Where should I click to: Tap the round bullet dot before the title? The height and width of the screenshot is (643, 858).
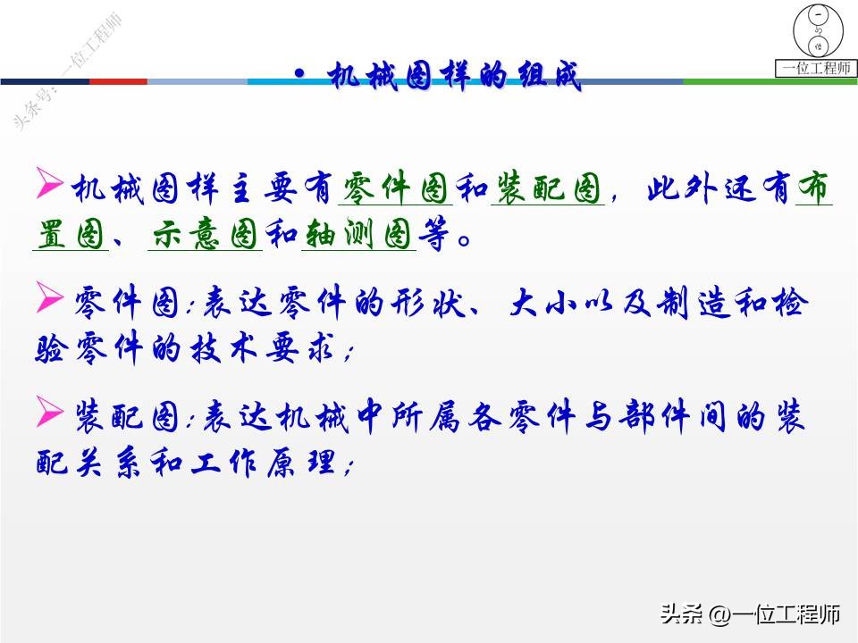tap(299, 74)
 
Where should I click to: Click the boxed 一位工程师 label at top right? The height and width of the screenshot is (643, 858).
tap(817, 68)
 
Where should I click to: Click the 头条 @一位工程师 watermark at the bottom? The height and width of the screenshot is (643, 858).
tap(751, 614)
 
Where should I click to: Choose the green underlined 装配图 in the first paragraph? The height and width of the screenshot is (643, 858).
tap(548, 188)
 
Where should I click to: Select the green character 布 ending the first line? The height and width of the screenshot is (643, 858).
tap(813, 188)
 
